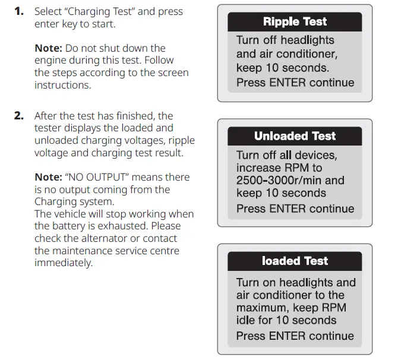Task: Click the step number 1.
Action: click(x=19, y=12)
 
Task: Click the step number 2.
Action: click(x=19, y=116)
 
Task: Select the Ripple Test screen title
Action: click(x=295, y=22)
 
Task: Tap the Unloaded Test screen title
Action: click(x=295, y=136)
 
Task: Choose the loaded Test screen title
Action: click(x=295, y=261)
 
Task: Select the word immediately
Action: click(x=64, y=263)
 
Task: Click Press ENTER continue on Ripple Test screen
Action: click(x=295, y=83)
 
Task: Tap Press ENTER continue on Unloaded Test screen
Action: click(x=295, y=209)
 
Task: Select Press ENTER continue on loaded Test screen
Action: click(x=295, y=336)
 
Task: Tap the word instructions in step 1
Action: click(x=62, y=85)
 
